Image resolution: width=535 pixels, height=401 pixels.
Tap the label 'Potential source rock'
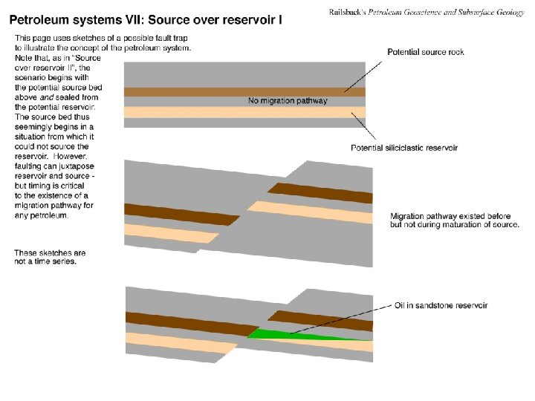point(426,52)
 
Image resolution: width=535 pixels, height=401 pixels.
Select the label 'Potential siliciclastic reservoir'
point(404,148)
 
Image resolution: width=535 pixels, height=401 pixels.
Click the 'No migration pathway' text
point(288,100)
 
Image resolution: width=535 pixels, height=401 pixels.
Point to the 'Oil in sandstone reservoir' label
point(441,305)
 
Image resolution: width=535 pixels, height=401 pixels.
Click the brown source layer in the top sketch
point(244,92)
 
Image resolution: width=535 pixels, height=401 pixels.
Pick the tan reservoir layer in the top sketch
point(244,112)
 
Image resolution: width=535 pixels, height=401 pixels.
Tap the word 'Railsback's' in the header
point(347,13)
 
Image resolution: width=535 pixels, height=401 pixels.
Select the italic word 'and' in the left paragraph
point(47,97)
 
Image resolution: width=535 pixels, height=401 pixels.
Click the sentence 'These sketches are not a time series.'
point(50,257)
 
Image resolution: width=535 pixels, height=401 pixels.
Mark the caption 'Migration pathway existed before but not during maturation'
point(455,221)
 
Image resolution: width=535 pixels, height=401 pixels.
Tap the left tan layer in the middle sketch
point(171,234)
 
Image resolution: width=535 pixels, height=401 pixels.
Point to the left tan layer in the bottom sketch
point(181,343)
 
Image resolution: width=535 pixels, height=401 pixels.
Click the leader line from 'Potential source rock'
point(363,76)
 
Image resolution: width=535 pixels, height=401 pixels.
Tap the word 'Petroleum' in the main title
point(42,20)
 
